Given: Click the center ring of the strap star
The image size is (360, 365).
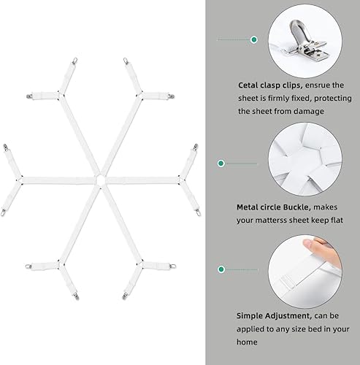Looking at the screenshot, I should (x=98, y=177).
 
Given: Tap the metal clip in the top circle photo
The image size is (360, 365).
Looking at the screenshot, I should (x=305, y=36).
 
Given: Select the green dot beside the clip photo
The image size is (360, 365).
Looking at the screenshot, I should (x=253, y=39).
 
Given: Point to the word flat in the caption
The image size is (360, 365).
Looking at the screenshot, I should (x=348, y=220).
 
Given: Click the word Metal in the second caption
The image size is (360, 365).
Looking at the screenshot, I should (x=250, y=207).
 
